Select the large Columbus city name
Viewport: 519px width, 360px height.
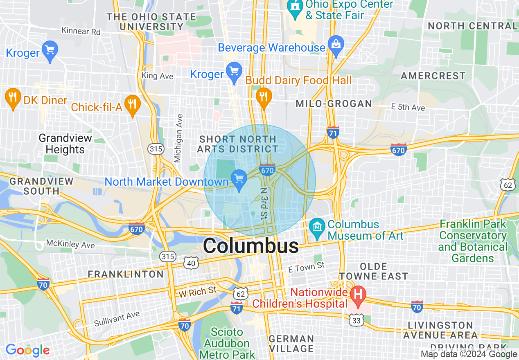click(251, 246)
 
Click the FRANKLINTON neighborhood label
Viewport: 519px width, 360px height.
click(126, 274)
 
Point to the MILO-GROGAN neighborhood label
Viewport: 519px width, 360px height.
click(334, 103)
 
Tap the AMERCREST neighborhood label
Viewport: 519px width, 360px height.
click(433, 76)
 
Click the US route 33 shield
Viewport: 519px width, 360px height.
click(356, 321)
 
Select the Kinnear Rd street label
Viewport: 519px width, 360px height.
click(81, 31)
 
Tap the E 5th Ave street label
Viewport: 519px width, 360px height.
click(408, 107)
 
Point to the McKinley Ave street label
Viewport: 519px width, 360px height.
click(70, 244)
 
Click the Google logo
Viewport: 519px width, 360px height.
click(27, 350)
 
